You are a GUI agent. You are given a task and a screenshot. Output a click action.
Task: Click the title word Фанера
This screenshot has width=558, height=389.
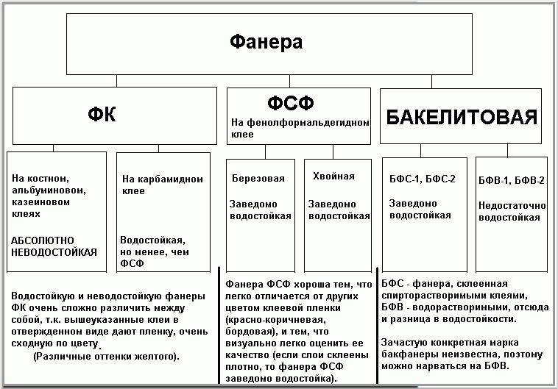(266, 42)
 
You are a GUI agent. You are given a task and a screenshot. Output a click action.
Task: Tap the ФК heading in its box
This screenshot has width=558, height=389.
(102, 115)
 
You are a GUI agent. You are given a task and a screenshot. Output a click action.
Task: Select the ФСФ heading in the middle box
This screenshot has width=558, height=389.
(290, 103)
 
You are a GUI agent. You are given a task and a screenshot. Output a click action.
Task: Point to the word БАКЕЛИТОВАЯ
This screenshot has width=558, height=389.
(462, 117)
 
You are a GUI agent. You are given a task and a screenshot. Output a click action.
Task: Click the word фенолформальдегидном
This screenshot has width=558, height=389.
(308, 123)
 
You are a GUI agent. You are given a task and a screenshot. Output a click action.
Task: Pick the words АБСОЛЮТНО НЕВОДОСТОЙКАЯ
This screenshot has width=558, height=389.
(54, 246)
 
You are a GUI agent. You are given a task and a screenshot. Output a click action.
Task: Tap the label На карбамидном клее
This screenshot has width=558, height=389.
(162, 185)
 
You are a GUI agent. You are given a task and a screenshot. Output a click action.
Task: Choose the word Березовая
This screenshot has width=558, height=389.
(258, 178)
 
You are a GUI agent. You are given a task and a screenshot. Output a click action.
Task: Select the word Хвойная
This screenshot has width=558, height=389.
(333, 176)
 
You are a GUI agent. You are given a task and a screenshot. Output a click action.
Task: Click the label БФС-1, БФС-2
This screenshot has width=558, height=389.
(422, 179)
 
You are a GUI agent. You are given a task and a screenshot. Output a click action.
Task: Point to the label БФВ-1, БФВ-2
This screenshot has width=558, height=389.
(512, 180)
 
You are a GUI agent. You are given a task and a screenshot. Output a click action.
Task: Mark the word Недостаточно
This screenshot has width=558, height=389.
(512, 205)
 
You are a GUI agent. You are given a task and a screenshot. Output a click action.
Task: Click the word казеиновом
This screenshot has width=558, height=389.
(40, 202)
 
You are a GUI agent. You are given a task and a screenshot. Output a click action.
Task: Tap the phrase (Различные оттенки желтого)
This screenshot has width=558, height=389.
(107, 357)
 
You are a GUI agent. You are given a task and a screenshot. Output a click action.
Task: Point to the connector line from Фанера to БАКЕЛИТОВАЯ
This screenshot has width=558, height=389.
(431, 82)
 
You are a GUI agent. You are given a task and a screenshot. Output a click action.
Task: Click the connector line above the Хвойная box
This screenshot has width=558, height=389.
(333, 151)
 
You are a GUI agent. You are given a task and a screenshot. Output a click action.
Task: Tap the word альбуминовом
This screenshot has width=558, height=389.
(49, 190)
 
